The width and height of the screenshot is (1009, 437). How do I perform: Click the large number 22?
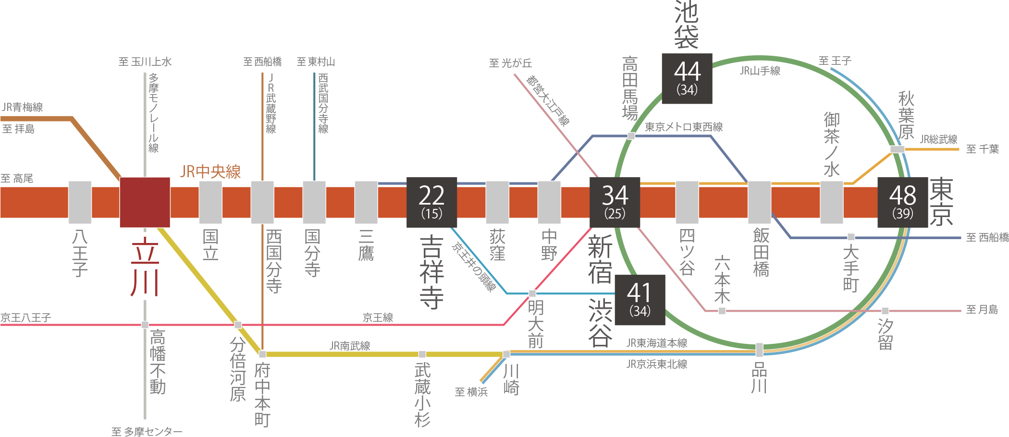431,195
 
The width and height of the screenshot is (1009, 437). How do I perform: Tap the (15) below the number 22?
431,214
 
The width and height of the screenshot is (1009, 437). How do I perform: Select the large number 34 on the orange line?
615,195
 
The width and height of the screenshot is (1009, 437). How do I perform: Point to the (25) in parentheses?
615,214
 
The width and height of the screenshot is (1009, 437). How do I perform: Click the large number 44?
687,72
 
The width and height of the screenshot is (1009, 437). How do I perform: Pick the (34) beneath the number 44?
687,90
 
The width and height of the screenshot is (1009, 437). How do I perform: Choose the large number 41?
640,292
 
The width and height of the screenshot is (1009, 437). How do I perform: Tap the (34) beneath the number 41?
640,311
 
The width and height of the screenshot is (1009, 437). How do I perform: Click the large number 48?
902,195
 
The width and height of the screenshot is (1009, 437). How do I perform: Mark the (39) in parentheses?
902,214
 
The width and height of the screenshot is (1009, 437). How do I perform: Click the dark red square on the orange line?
145,202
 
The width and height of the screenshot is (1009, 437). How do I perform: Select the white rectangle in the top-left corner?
37,30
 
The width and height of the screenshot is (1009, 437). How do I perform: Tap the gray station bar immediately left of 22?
366,202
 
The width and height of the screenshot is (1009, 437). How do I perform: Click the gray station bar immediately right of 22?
497,202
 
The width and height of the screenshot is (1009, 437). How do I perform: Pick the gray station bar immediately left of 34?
549,202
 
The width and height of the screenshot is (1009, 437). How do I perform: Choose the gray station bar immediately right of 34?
687,202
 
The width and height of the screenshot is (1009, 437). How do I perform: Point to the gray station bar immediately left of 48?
832,202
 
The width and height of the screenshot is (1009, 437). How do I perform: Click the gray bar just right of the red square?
210,202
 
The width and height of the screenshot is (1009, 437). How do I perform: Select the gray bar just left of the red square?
80,202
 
